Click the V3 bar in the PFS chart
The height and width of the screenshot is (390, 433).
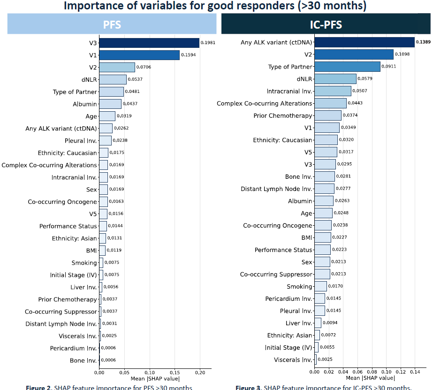click(x=149, y=43)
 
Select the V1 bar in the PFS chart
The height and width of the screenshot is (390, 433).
click(x=139, y=55)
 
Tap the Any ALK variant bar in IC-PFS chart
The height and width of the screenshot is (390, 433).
click(x=364, y=42)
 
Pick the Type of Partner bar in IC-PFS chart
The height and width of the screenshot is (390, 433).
click(x=354, y=67)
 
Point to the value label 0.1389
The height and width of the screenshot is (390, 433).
click(x=424, y=42)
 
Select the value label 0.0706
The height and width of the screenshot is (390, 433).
click(x=144, y=68)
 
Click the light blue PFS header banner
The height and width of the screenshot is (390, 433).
click(x=112, y=24)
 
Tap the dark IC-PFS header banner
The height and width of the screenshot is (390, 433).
click(x=326, y=24)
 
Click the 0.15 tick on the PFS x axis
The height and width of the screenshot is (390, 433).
click(x=175, y=373)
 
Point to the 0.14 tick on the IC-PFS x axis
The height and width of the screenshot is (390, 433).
click(x=415, y=372)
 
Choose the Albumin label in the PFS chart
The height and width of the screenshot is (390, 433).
click(x=84, y=104)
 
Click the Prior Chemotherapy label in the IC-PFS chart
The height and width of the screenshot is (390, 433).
click(x=282, y=115)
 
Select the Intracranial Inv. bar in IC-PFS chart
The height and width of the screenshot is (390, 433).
click(x=333, y=91)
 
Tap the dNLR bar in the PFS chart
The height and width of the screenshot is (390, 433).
click(x=113, y=80)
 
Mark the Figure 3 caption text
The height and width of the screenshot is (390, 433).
click(x=323, y=387)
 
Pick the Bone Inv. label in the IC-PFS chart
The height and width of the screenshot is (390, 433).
click(x=298, y=176)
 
